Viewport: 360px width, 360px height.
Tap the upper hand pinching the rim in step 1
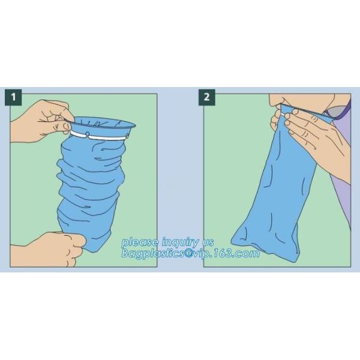coord(42,119)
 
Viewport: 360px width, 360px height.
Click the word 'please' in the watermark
coord(137,242)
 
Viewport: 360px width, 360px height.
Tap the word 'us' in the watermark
coord(208,242)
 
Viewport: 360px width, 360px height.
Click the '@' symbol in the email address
coord(191,254)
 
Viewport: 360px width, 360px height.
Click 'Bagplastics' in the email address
coord(152,254)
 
